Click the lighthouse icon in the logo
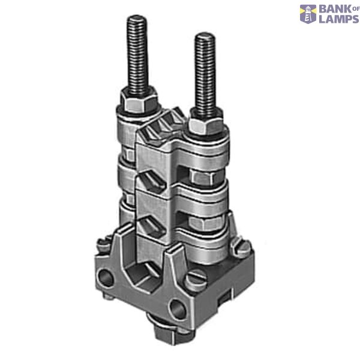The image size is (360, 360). pos(308,14)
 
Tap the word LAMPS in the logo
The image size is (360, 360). pos(338,19)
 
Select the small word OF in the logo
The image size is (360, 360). pos(356,9)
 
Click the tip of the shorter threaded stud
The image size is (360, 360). pos(205,34)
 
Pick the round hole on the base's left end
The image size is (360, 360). pos(106,278)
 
